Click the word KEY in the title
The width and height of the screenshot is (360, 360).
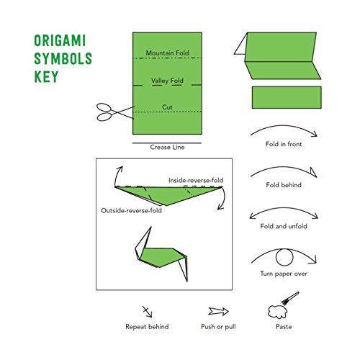(46, 76)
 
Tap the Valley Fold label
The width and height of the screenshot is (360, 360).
(167, 81)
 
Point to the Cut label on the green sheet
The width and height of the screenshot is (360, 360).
(167, 107)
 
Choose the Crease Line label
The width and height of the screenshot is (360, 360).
(167, 147)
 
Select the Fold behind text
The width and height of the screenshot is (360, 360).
(283, 185)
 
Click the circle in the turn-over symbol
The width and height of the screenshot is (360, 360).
(284, 257)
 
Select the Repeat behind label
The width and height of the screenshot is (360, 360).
(148, 327)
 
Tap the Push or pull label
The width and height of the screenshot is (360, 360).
(218, 327)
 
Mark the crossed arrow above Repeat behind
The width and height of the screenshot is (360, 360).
(148, 311)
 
